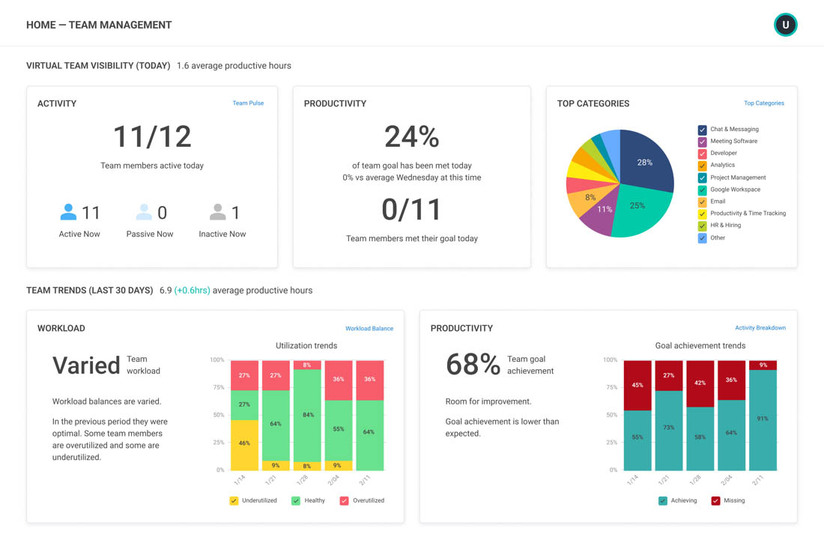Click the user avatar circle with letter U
click(x=785, y=25)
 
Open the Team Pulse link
click(x=248, y=103)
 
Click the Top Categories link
click(x=763, y=103)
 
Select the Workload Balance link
click(x=369, y=329)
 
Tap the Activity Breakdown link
click(x=760, y=328)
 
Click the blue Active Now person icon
click(x=68, y=213)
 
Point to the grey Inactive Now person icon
click(x=217, y=213)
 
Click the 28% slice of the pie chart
click(x=645, y=160)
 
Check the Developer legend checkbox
click(x=702, y=154)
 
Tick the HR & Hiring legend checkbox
click(x=702, y=225)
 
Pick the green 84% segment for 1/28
click(x=307, y=415)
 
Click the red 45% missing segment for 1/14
click(x=637, y=385)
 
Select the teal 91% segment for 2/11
click(x=763, y=419)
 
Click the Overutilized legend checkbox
click(x=344, y=501)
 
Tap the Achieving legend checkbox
click(x=662, y=501)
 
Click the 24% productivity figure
click(x=411, y=137)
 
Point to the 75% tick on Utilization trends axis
click(x=218, y=387)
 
